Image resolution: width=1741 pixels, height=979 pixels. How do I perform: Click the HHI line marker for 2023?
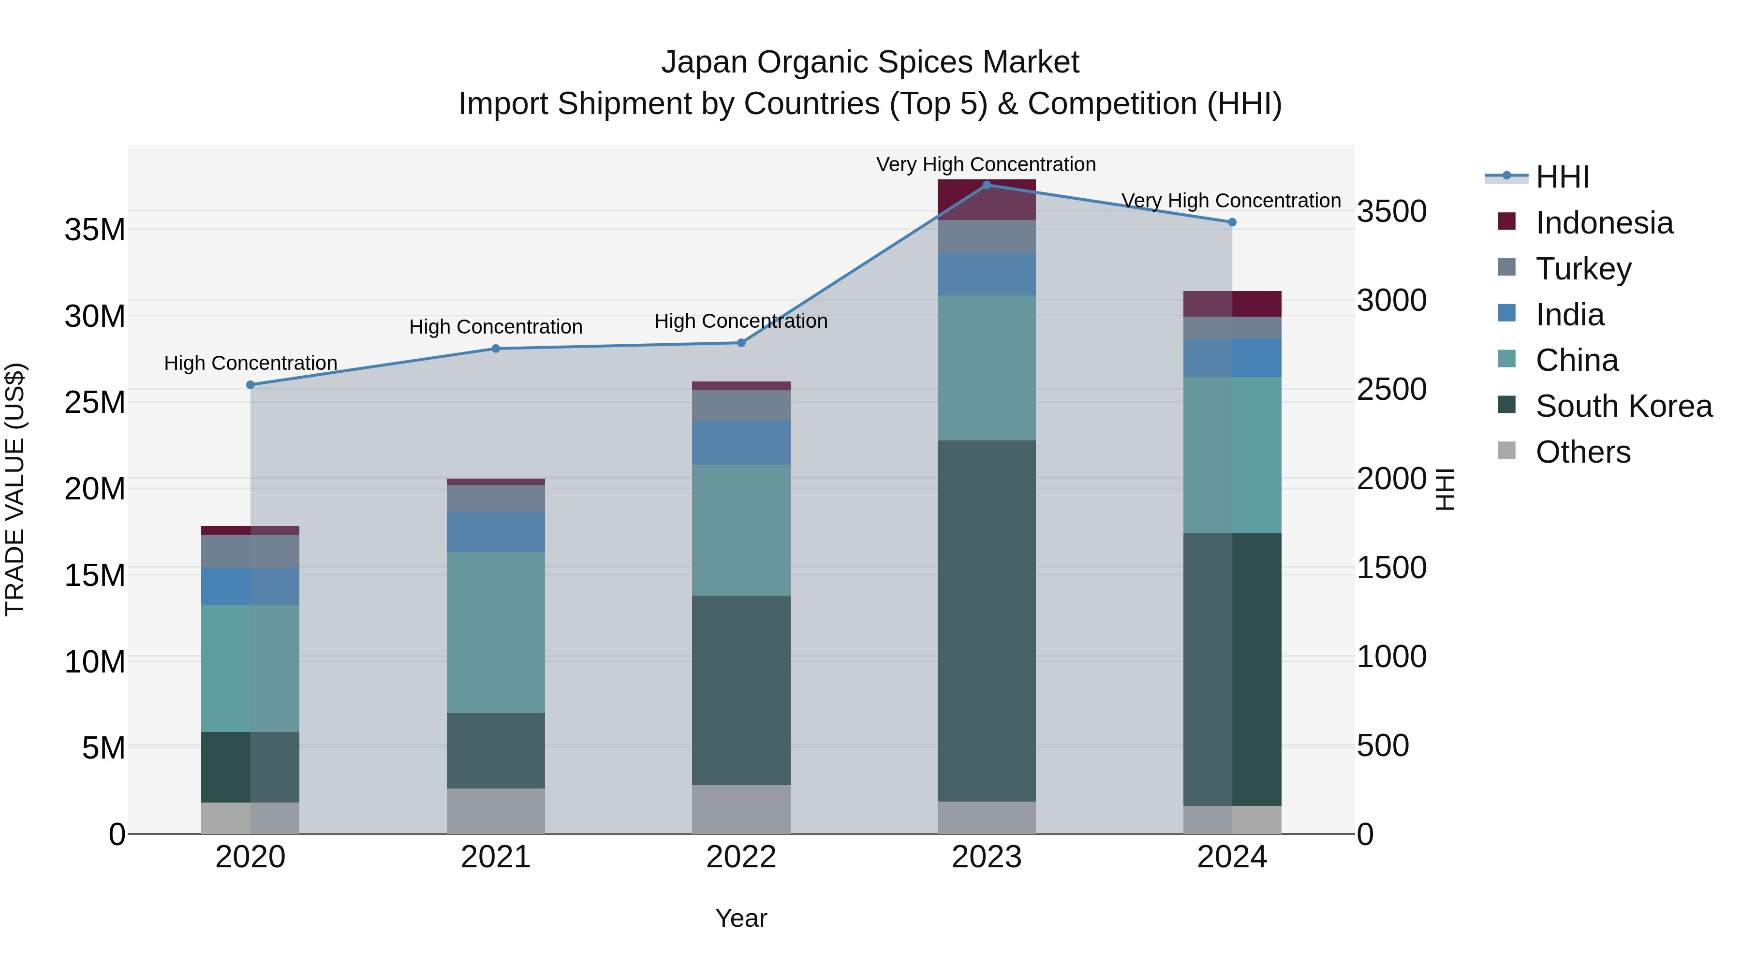click(x=986, y=185)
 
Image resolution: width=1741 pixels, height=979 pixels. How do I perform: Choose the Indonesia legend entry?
click(x=1603, y=223)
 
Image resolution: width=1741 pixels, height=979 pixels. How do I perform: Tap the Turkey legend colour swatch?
click(x=1506, y=267)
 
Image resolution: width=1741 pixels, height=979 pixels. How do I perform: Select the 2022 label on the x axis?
click(x=741, y=857)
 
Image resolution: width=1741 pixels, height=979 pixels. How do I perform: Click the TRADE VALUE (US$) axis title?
click(x=15, y=489)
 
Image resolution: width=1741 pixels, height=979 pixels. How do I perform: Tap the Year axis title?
click(x=741, y=918)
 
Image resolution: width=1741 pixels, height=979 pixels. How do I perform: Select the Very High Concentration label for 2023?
click(x=986, y=164)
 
